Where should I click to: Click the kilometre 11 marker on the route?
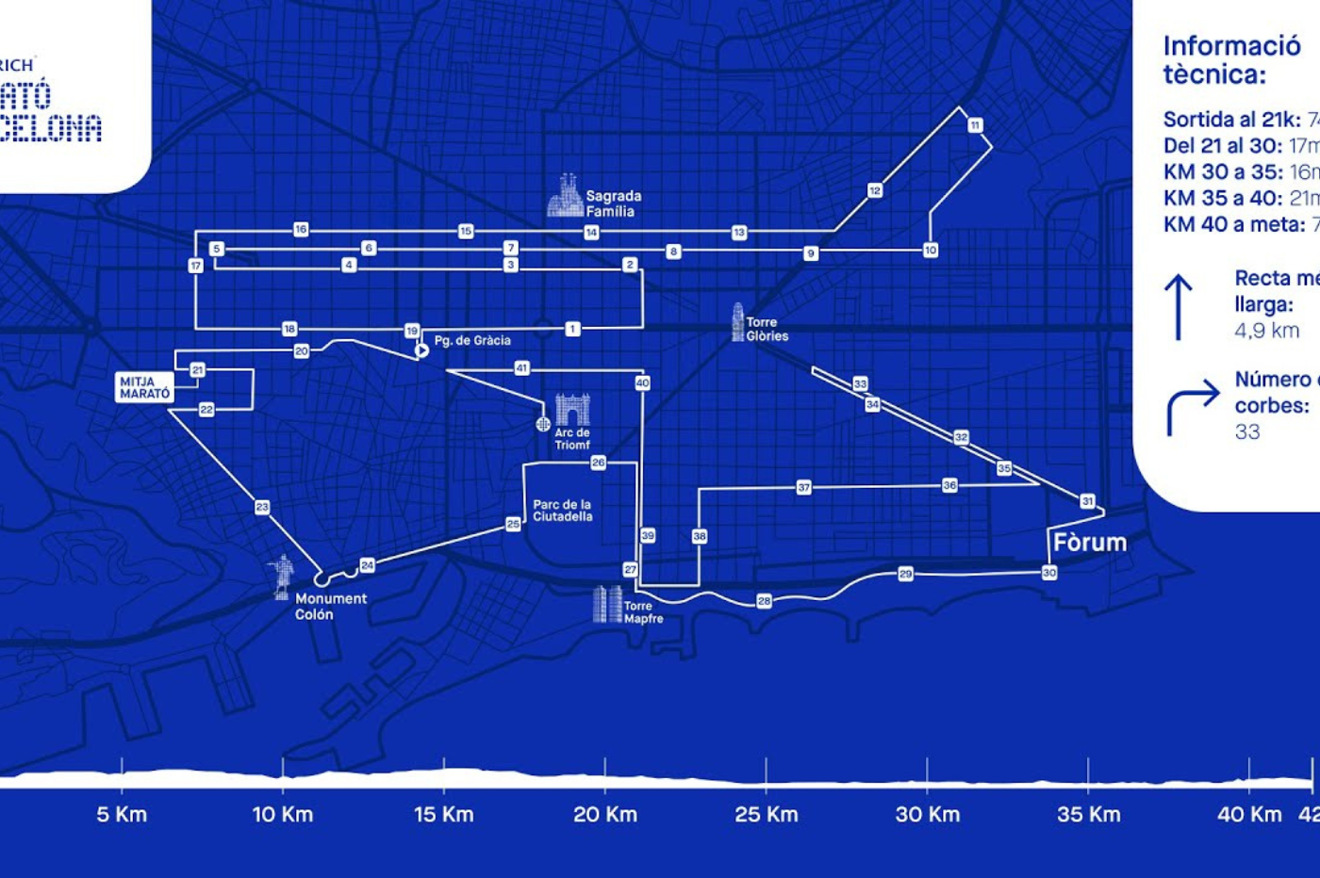pos(975,125)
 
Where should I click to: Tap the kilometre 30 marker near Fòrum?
pos(1049,573)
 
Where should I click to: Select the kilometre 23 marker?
pos(262,507)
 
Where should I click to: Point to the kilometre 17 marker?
pos(195,266)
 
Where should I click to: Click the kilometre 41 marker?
pos(521,368)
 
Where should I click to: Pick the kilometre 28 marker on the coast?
pos(764,601)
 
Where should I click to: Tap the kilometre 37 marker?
pos(803,488)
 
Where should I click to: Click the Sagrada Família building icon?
pos(566,196)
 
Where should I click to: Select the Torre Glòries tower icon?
pos(737,322)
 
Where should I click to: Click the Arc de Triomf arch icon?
pos(572,411)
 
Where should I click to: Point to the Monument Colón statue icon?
pos(281,577)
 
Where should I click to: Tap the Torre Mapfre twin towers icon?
pos(606,605)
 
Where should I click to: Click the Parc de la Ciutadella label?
pos(563,511)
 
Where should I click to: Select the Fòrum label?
pos(1090,543)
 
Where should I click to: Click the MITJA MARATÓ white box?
pos(144,387)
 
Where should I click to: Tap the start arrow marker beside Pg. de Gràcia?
pos(421,350)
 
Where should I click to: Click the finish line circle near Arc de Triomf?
pos(543,424)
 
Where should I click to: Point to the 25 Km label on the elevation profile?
pos(766,815)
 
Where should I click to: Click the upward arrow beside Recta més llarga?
pos(1178,307)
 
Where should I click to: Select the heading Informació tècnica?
pos(1230,59)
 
